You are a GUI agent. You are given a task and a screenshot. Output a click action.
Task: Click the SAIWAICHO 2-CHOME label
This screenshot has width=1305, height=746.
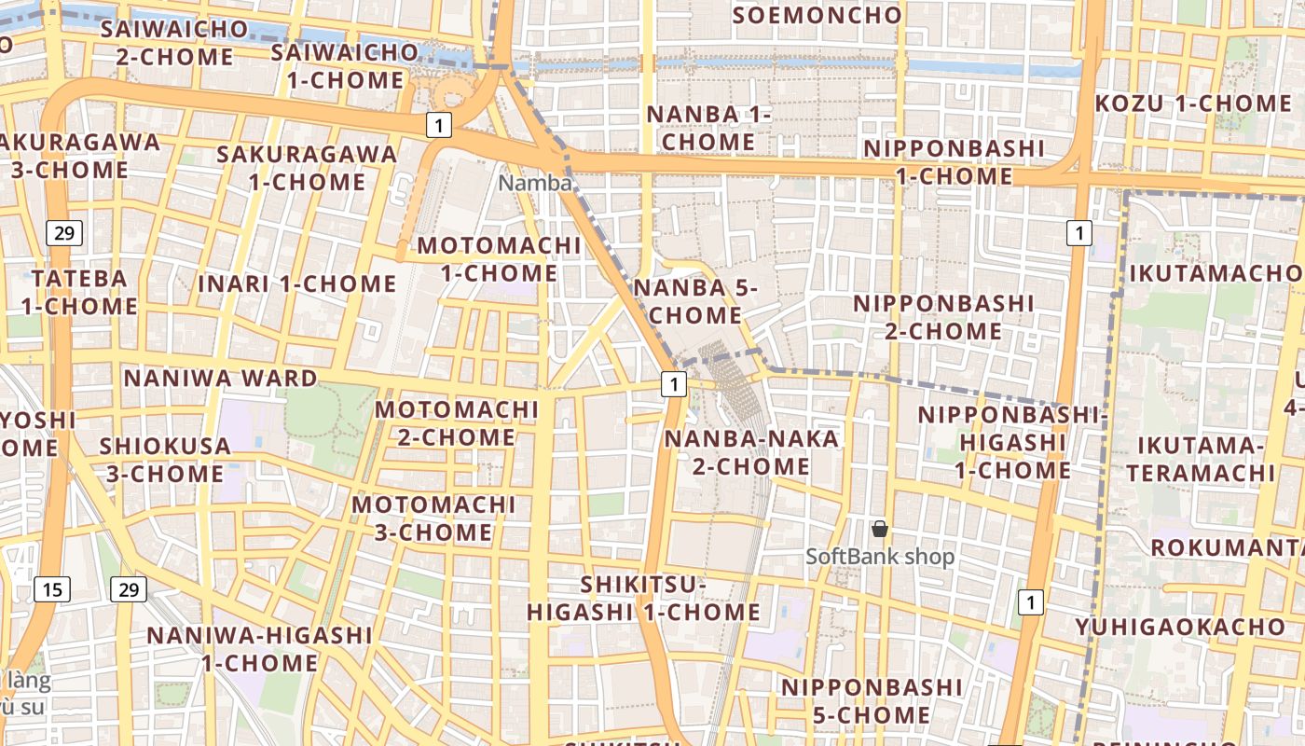click(x=174, y=43)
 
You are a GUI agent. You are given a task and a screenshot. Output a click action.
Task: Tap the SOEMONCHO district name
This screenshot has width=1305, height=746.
click(x=817, y=15)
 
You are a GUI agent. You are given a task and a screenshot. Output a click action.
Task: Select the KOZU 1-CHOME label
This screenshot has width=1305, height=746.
click(x=1192, y=103)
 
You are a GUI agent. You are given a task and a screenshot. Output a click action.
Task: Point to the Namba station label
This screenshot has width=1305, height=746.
click(x=534, y=183)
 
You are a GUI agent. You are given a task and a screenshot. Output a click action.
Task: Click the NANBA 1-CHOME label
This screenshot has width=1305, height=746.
click(x=708, y=128)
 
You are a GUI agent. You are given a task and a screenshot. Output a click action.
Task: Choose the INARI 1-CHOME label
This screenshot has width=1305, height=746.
click(x=297, y=283)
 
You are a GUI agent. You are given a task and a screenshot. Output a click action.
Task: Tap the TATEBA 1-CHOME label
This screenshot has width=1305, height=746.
click(x=79, y=292)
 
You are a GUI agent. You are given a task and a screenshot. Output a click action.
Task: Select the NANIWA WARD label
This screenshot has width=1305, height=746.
click(x=220, y=378)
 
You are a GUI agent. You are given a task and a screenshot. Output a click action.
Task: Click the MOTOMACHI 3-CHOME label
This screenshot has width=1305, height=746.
click(x=433, y=518)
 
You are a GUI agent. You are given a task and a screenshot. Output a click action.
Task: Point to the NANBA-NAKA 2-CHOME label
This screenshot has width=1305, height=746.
click(x=751, y=451)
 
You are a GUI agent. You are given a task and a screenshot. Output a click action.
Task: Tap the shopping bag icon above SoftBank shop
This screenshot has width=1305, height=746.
click(x=879, y=529)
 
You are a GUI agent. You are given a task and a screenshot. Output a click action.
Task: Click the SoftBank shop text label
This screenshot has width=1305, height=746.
click(x=880, y=557)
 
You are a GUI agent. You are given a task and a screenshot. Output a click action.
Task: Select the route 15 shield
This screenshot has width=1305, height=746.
click(x=51, y=588)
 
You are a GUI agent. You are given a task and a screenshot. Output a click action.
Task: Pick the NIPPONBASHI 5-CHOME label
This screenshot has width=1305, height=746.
click(x=872, y=701)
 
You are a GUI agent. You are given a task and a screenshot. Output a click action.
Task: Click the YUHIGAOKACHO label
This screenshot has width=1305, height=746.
click(x=1180, y=627)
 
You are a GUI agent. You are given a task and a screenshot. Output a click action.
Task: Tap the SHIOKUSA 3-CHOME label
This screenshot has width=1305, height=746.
click(x=165, y=460)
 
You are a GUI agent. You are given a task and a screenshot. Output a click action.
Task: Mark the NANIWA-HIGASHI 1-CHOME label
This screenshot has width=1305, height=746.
click(x=259, y=649)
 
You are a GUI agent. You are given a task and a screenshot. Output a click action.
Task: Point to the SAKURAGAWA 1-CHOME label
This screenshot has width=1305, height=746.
click(x=307, y=168)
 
